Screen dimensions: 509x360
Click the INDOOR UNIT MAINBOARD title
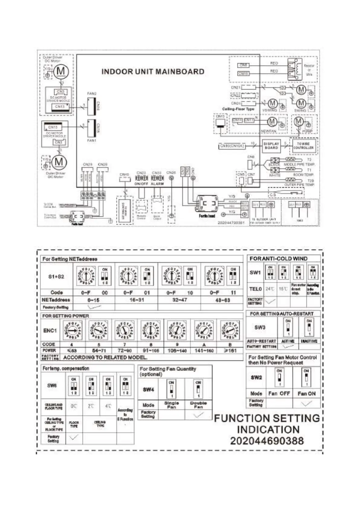(153, 72)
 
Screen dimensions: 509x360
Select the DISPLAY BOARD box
(271, 146)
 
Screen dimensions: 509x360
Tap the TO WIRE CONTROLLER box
(303, 146)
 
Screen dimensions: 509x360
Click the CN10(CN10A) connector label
(232, 146)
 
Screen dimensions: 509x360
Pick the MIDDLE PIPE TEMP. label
(299, 164)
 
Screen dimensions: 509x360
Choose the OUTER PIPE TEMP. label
(299, 185)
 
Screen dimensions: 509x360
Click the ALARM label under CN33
(157, 184)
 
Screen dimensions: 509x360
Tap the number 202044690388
(267, 441)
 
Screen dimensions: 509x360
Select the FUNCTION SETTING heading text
(267, 418)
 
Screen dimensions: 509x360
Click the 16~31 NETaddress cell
(137, 300)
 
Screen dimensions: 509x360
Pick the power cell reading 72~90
(125, 351)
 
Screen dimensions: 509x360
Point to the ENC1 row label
(50, 330)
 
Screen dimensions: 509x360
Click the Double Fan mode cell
(198, 405)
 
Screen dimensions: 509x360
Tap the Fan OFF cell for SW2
(279, 394)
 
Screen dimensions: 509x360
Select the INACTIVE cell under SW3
(309, 341)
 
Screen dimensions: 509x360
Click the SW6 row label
(52, 385)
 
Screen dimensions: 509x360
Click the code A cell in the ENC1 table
(204, 345)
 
